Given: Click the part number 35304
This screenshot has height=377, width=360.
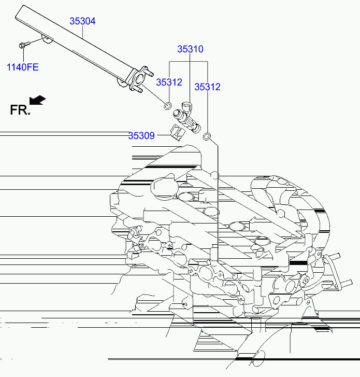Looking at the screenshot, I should (83, 21).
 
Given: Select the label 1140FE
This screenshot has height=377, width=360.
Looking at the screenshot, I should (22, 67).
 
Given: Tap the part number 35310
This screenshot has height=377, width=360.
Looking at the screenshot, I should (190, 49).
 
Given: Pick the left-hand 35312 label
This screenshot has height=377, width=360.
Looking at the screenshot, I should (169, 82).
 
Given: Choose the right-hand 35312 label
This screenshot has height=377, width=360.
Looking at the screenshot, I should (207, 87).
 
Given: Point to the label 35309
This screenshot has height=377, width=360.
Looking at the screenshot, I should (141, 136).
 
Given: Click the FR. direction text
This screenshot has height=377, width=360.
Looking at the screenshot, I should (20, 109).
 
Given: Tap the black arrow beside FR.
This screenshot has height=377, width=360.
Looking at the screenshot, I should (37, 99).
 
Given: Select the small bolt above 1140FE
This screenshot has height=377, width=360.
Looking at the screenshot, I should (23, 45).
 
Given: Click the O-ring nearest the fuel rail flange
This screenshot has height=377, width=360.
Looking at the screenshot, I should (167, 106).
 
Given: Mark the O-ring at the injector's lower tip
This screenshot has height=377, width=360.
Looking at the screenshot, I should (206, 137).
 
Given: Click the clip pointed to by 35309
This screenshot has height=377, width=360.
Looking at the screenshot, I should (176, 132).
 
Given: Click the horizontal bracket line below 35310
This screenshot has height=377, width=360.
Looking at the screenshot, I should (189, 62).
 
